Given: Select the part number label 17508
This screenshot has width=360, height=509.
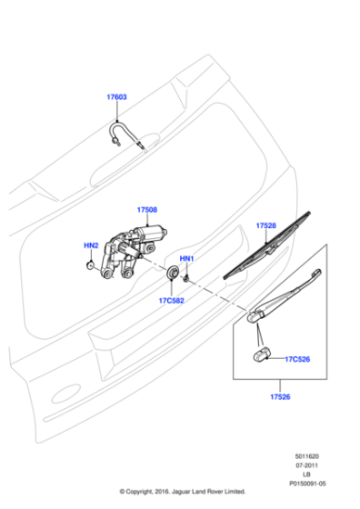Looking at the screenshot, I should (147, 210).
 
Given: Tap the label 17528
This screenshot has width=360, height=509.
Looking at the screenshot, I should (265, 225).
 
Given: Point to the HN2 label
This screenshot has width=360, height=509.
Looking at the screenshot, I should (91, 245).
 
